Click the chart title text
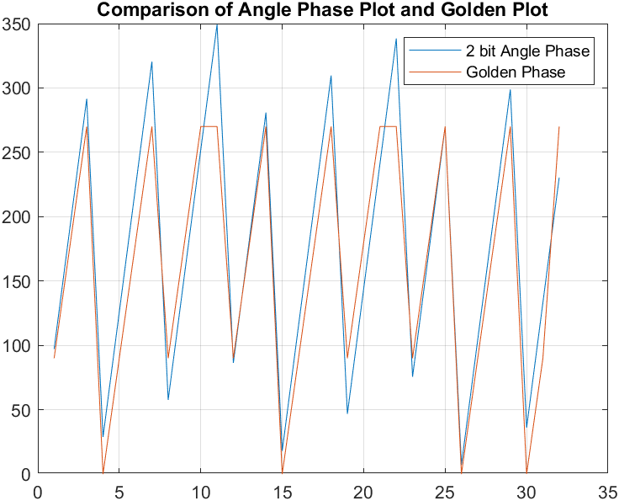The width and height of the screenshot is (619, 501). click(322, 11)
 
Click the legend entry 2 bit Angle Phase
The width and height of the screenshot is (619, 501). click(527, 51)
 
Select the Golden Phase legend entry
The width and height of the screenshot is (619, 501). click(515, 72)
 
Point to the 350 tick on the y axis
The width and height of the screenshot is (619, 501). click(18, 24)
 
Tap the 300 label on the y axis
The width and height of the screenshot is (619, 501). click(18, 88)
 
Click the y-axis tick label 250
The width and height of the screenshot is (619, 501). click(18, 153)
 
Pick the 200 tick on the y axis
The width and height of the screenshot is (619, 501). click(18, 217)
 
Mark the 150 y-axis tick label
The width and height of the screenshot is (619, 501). click(18, 281)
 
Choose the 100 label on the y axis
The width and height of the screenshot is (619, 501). click(18, 346)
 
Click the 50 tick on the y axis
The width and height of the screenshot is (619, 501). click(22, 410)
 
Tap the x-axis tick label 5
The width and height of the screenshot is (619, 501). click(119, 490)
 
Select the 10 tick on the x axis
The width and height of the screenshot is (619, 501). click(200, 490)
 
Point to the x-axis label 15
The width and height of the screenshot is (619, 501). click(282, 490)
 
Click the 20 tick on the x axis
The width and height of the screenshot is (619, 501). click(363, 490)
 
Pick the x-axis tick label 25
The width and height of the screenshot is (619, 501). click(444, 490)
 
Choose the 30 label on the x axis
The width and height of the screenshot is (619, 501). click(526, 490)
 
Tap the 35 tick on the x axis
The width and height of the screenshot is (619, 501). click(607, 490)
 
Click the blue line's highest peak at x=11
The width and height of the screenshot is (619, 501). click(217, 24)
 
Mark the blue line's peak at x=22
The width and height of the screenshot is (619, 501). click(396, 39)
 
